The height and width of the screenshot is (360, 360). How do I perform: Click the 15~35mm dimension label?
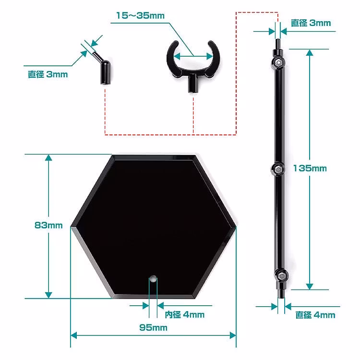pyautogui.click(x=140, y=16)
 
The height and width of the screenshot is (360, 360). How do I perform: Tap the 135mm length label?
pyautogui.click(x=310, y=168)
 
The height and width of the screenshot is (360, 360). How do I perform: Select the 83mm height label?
pyautogui.click(x=48, y=225)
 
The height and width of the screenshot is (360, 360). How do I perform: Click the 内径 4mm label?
pyautogui.click(x=184, y=315)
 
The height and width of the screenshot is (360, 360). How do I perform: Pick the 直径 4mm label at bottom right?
pyautogui.click(x=315, y=315)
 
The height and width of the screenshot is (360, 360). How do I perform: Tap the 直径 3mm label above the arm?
pyautogui.click(x=311, y=23)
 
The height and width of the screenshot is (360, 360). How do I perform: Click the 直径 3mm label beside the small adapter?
pyautogui.click(x=48, y=74)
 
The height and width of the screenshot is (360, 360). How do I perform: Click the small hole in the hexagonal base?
pyautogui.click(x=153, y=278)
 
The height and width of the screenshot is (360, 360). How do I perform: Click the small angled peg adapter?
pyautogui.click(x=102, y=70)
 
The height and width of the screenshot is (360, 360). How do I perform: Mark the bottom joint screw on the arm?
pyautogui.click(x=280, y=276)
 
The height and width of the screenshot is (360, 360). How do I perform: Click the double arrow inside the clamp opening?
pyautogui.click(x=192, y=55)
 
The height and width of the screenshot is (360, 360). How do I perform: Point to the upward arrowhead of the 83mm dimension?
pyautogui.click(x=48, y=159)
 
